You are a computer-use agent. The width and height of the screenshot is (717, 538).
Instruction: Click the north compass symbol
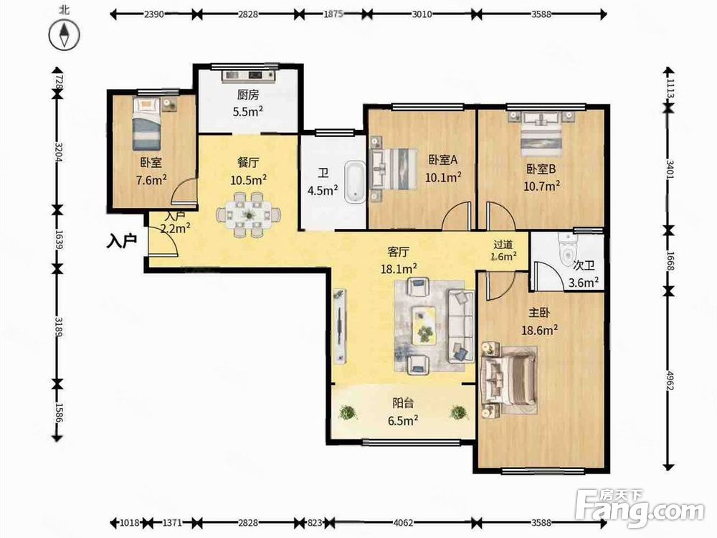64,34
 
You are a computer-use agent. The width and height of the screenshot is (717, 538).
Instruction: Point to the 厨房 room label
248,95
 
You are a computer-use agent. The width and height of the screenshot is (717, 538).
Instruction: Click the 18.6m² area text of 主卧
540,329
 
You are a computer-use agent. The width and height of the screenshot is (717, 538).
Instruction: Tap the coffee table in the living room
424,325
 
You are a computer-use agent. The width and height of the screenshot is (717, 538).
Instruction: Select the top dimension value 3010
422,14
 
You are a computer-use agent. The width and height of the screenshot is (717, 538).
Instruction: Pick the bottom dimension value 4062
403,522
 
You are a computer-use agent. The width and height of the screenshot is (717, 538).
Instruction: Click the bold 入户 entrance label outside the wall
122,240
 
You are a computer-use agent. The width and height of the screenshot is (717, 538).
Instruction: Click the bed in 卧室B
541,135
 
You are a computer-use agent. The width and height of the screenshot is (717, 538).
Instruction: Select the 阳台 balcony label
403,403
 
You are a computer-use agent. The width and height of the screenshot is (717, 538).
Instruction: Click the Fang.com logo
640,508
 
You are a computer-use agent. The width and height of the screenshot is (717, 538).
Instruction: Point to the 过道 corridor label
503,245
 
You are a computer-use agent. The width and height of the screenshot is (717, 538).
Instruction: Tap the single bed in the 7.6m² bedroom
146,123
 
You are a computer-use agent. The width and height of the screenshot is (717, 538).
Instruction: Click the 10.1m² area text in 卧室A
443,176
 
